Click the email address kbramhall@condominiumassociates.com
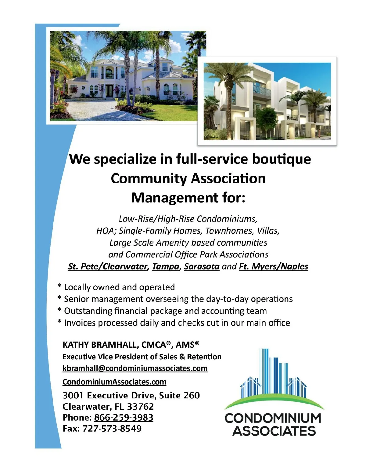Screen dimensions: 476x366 point(135,368)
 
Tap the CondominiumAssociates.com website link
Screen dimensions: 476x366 point(114,382)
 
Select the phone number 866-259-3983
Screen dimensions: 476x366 point(124,417)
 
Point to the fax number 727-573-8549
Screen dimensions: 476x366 point(112,428)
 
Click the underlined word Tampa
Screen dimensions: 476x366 point(166,266)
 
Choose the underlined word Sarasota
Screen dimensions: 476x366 point(202,266)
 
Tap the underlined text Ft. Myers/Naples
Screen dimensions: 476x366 point(273,266)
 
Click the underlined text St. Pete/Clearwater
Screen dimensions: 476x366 point(108,266)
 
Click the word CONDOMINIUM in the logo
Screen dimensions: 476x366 point(273,418)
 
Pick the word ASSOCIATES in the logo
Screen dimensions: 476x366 point(274,431)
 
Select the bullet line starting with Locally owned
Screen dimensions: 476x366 point(116,287)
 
